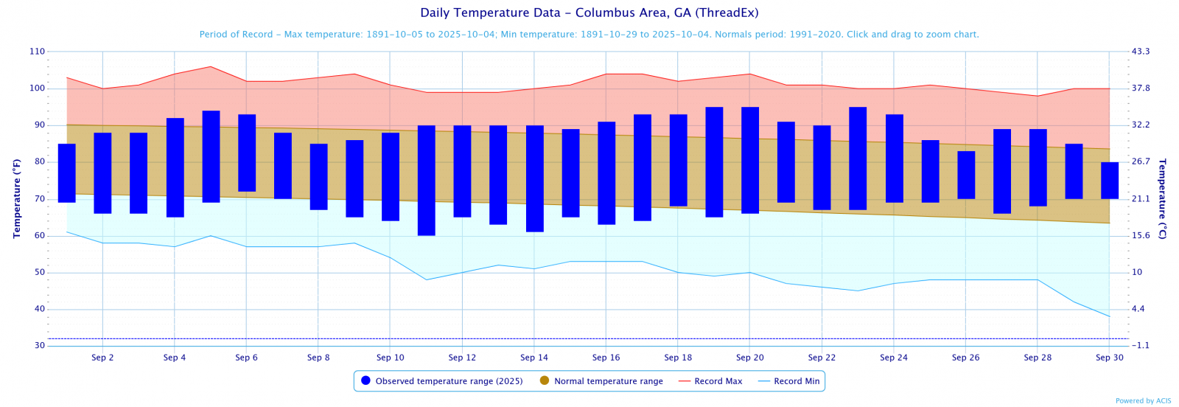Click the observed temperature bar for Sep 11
tap(427, 181)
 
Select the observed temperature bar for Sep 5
tap(211, 156)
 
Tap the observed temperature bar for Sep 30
tap(1110, 181)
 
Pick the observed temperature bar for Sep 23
tap(858, 159)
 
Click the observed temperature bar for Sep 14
tap(535, 178)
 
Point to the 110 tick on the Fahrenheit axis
tap(37, 52)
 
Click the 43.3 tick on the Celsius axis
tap(1141, 52)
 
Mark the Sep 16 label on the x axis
tap(606, 358)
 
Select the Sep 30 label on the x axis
tap(1110, 358)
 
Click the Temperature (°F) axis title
tap(16, 198)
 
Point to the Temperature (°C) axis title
tap(1163, 198)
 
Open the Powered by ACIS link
tap(1143, 401)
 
